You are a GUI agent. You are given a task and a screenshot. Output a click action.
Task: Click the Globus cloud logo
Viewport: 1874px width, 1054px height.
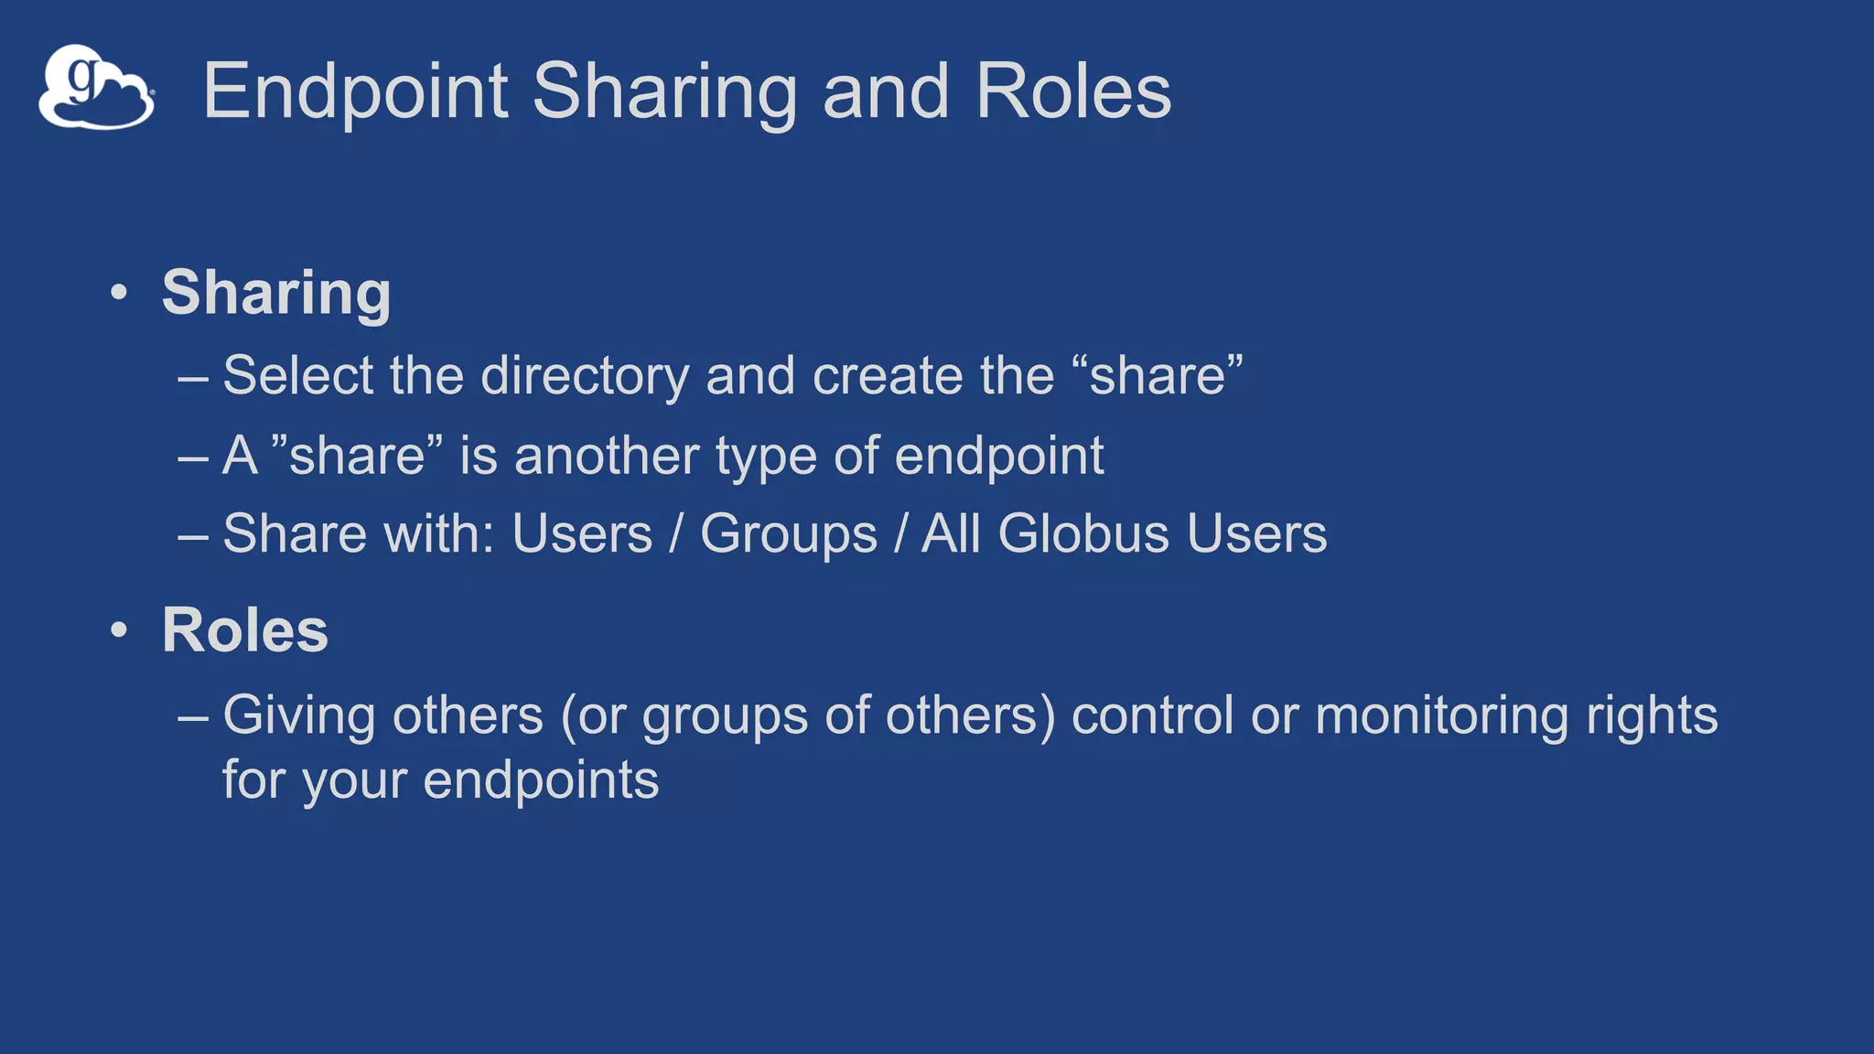[x=96, y=88]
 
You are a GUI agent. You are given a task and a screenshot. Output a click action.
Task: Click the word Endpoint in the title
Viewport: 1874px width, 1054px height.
[x=355, y=91]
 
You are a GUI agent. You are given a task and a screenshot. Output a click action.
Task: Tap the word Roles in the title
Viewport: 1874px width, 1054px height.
[x=1072, y=91]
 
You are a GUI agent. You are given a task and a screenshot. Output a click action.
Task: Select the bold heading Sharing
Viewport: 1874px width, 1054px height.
[x=276, y=293]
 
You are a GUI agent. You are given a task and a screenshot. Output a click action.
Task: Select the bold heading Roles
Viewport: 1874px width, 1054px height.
[x=244, y=630]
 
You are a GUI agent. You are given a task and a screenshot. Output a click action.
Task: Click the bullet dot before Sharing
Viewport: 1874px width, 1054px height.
[x=118, y=294]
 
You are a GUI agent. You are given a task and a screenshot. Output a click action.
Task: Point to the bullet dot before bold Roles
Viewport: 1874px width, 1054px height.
[x=118, y=630]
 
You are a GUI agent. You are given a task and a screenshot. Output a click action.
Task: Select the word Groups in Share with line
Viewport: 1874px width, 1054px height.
[x=788, y=534]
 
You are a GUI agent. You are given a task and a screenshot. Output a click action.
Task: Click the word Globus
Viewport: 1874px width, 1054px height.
[x=1082, y=533]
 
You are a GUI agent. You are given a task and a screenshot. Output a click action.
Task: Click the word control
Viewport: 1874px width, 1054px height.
[x=1152, y=715]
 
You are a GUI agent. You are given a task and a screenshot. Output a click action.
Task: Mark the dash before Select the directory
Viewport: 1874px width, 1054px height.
[x=193, y=377]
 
